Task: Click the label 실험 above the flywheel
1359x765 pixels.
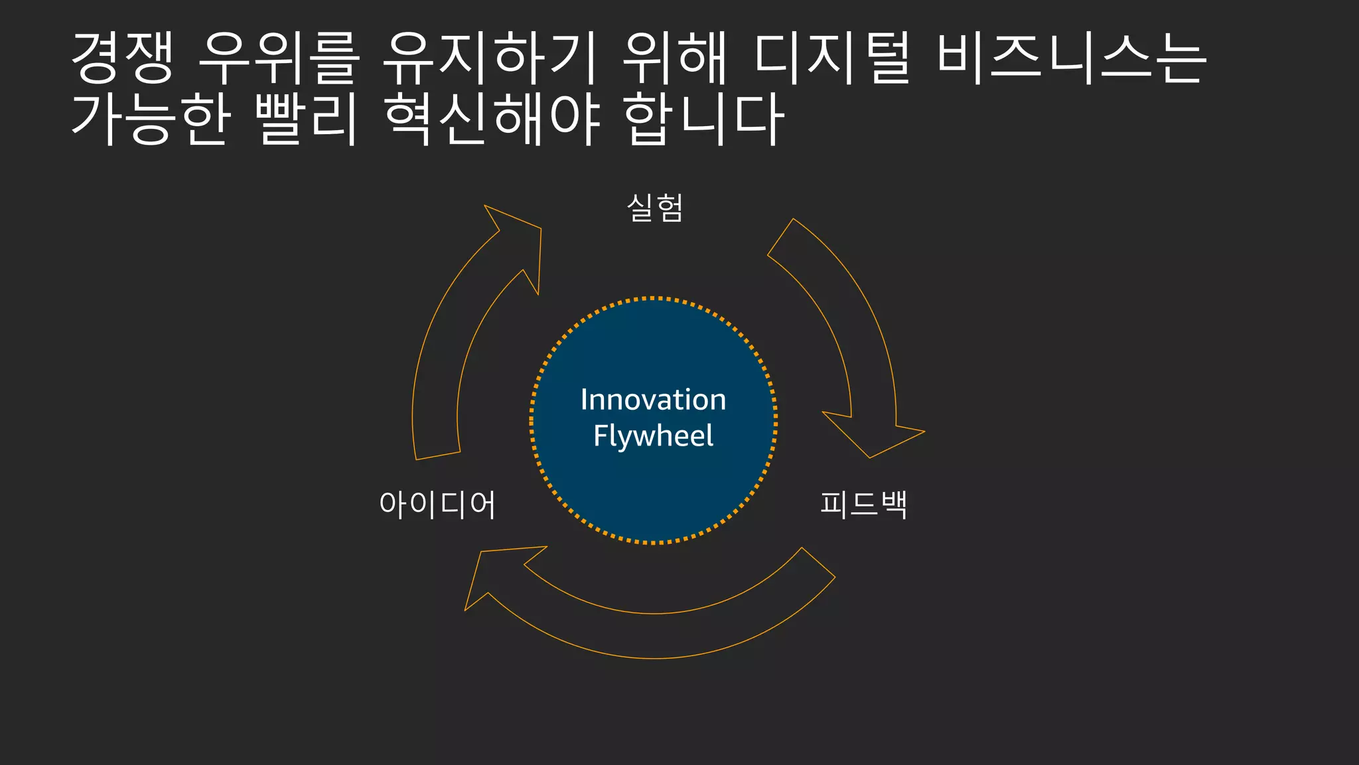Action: click(654, 208)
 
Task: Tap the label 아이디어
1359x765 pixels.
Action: click(437, 504)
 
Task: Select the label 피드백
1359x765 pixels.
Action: click(863, 504)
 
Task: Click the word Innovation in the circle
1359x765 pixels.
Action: click(653, 400)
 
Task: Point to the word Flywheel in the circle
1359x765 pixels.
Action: click(653, 436)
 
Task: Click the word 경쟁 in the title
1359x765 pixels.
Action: click(122, 58)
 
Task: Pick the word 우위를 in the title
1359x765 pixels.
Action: click(279, 58)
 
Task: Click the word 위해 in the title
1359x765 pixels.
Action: click(674, 58)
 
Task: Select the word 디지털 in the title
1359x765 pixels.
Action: click(832, 58)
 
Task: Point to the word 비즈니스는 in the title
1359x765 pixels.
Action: click(1071, 58)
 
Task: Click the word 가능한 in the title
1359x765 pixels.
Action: click(151, 120)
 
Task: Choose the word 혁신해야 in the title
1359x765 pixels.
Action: click(492, 120)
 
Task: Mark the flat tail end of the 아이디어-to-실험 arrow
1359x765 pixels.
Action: click(438, 456)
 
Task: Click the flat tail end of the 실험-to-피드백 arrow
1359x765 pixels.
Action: click(781, 237)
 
